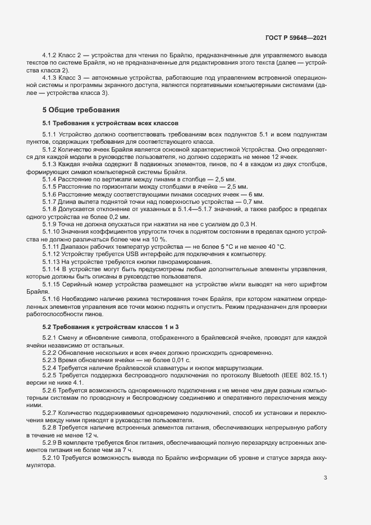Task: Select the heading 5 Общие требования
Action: click(81, 109)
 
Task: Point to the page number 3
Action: click(326, 478)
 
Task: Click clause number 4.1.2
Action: click(51, 56)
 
